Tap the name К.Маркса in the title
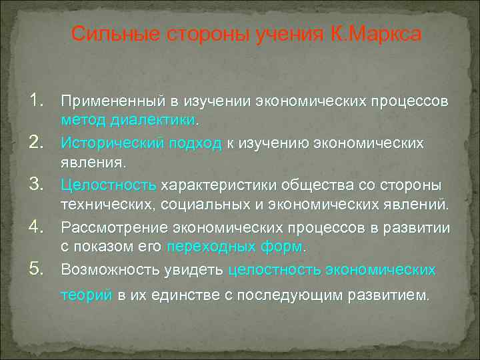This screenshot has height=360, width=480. (376, 33)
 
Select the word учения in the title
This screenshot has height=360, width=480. (289, 33)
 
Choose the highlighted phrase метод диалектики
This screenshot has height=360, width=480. (138, 121)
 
